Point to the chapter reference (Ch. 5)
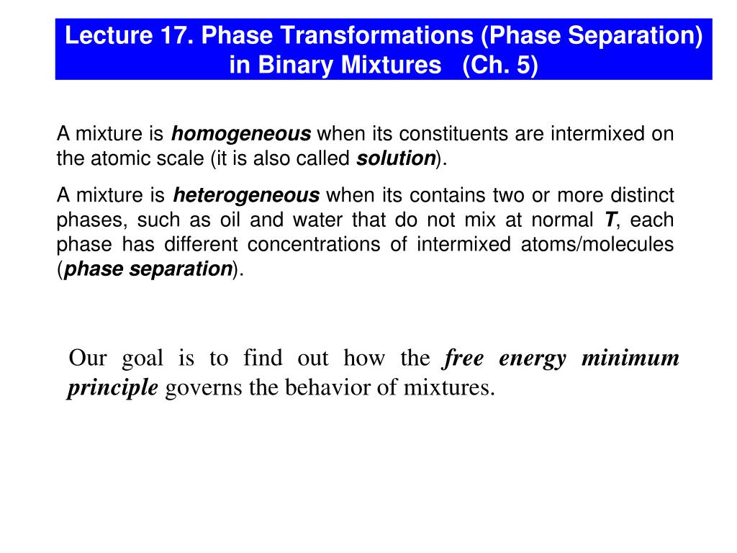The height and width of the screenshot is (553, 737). [x=500, y=66]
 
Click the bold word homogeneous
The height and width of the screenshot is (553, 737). [x=241, y=135]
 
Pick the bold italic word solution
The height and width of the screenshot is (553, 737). [x=396, y=159]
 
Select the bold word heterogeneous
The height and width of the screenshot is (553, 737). [x=246, y=196]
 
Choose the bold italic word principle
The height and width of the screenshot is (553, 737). [x=112, y=389]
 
